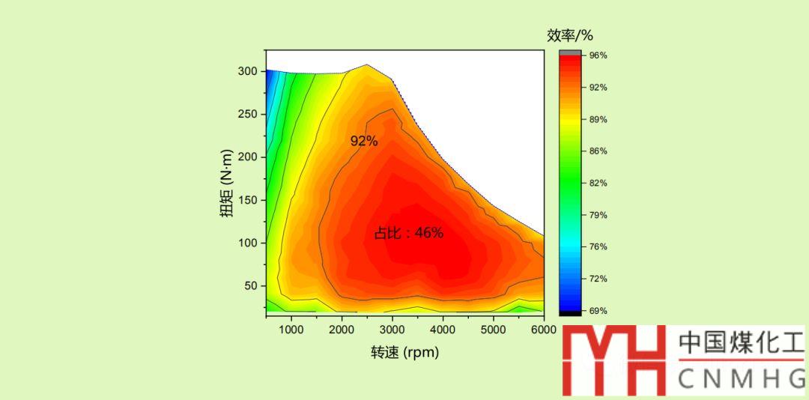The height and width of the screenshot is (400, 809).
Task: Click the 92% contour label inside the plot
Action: (x=364, y=141)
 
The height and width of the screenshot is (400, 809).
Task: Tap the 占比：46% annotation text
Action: (x=409, y=233)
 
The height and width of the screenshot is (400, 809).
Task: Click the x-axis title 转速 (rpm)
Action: (x=404, y=351)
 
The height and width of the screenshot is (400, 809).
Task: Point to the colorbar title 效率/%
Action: (x=570, y=35)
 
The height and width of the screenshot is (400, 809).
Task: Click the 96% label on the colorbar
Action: (x=597, y=55)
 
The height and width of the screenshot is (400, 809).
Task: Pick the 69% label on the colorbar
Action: (x=597, y=310)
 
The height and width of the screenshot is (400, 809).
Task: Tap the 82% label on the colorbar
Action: (x=597, y=183)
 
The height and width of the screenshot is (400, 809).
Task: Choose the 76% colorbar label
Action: (x=597, y=246)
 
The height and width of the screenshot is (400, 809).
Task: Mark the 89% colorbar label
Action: (x=597, y=119)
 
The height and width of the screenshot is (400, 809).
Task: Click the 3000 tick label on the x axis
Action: (x=392, y=329)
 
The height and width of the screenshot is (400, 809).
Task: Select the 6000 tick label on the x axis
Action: (x=543, y=329)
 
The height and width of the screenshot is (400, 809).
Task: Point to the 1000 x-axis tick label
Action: (x=291, y=329)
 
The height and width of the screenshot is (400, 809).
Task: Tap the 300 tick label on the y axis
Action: (x=248, y=72)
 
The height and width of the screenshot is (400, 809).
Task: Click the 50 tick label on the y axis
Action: (x=251, y=286)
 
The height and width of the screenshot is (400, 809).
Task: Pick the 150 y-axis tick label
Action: (x=248, y=200)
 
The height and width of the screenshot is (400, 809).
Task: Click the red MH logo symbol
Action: (x=613, y=360)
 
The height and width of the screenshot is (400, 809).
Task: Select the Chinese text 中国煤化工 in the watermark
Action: (x=740, y=344)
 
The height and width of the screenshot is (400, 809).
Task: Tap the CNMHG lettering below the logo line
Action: (x=740, y=380)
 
